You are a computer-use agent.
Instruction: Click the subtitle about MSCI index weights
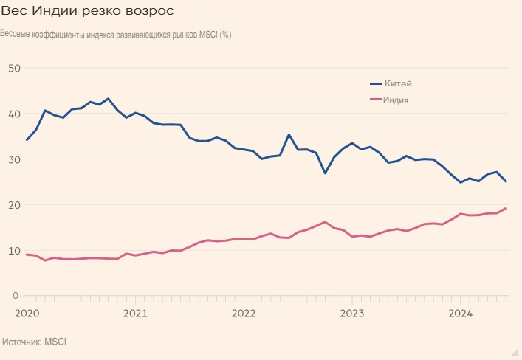116,35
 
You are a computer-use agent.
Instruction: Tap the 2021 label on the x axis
135,313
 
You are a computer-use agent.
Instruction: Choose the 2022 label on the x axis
244,313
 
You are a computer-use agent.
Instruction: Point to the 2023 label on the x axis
352,313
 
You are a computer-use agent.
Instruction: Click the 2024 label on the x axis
461,313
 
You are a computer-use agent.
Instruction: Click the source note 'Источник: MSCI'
35,342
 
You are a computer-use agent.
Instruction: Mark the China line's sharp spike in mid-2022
289,134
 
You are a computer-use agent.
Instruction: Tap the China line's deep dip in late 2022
326,173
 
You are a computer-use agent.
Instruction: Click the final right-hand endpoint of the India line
506,208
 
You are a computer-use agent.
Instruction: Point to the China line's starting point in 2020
27,140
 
